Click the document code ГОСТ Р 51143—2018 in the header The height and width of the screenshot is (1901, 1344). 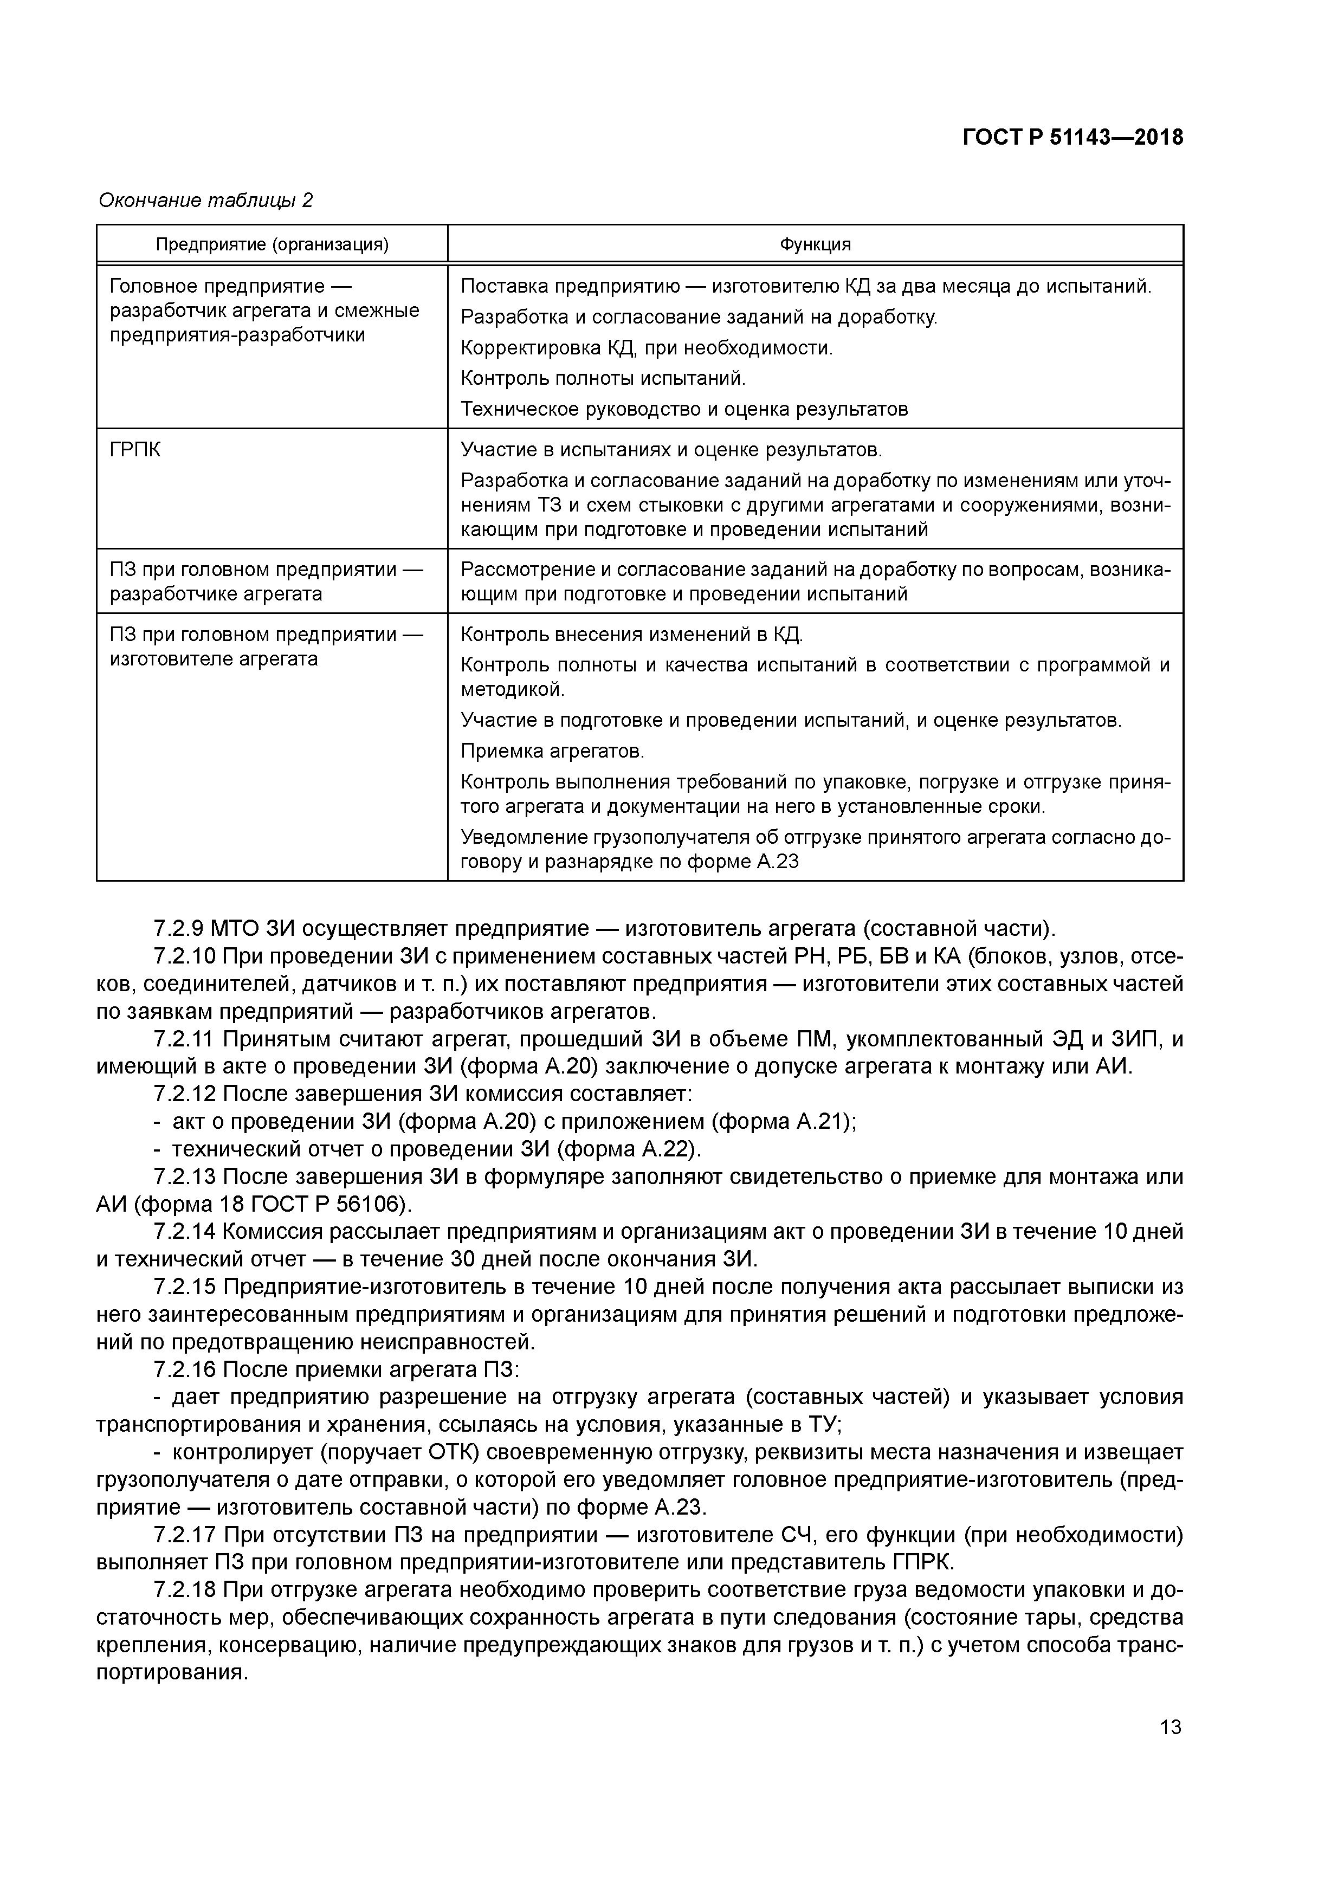(x=1072, y=138)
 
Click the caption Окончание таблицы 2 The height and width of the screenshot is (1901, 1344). (x=205, y=201)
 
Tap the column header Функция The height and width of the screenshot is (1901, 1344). (x=815, y=244)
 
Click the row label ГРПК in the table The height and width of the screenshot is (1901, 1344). (x=136, y=450)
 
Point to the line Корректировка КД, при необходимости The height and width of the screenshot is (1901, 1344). (x=646, y=348)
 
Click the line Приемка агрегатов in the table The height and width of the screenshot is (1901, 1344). (x=552, y=751)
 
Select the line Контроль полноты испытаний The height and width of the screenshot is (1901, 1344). (x=603, y=378)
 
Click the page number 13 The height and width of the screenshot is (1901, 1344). (x=1170, y=1727)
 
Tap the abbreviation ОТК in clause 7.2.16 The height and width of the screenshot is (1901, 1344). (x=452, y=1452)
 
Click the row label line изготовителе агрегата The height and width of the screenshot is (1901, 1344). (x=214, y=659)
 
